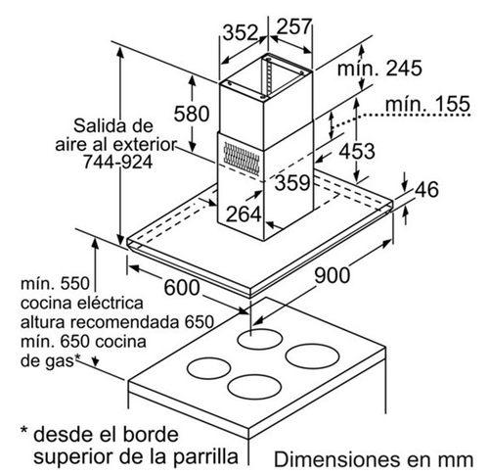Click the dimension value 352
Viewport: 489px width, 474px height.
241,32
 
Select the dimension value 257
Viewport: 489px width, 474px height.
294,26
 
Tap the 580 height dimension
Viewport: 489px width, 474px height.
192,114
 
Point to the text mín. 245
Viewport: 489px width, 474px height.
379,69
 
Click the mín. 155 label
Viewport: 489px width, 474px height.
427,104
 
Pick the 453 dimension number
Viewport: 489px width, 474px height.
357,151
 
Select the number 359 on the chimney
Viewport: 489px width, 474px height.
292,182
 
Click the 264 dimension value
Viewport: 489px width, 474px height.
244,214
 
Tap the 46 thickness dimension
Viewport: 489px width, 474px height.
426,189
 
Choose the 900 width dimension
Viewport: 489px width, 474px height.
332,274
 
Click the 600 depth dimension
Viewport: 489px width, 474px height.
182,287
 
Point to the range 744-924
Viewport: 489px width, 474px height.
117,162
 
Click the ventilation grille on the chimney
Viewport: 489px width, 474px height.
242,159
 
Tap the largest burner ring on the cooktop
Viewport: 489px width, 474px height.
312,355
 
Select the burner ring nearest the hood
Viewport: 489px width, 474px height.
259,339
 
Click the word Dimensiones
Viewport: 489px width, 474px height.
336,459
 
